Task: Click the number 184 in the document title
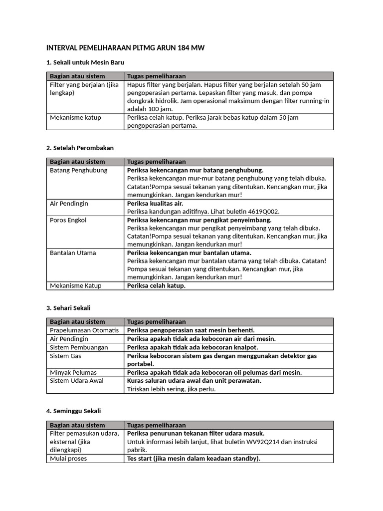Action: [181, 48]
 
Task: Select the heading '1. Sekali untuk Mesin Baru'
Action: [85, 62]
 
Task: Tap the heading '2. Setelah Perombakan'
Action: [80, 148]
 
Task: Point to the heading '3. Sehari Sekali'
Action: [68, 308]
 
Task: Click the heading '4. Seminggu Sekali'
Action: [73, 411]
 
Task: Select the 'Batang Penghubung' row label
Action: [78, 170]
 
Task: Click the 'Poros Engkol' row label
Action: [68, 220]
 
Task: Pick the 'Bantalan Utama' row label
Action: [73, 253]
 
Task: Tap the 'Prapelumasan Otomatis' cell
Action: [84, 330]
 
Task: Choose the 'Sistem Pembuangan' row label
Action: [79, 347]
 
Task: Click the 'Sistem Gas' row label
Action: [65, 356]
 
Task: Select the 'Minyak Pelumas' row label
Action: [73, 372]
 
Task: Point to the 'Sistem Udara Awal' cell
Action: [77, 381]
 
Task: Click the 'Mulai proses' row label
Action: [68, 458]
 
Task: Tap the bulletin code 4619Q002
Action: [262, 211]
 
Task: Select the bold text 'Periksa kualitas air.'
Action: [155, 203]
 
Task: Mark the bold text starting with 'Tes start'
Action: [193, 458]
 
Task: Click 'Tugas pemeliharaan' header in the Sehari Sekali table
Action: [156, 322]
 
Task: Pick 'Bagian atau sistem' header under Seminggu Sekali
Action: [77, 425]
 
